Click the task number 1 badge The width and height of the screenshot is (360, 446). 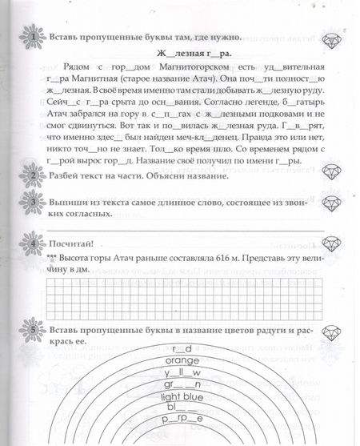pos(31,38)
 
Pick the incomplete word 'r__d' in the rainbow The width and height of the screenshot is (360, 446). pos(183,349)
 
